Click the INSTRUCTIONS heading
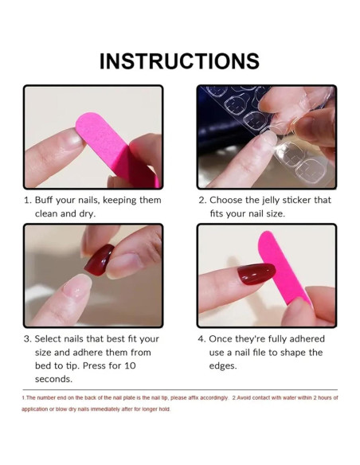[x=179, y=61]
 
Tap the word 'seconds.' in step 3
[x=53, y=379]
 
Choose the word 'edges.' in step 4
[x=223, y=365]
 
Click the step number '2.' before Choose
[x=202, y=200]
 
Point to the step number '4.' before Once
[x=202, y=338]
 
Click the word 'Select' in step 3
[x=50, y=338]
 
